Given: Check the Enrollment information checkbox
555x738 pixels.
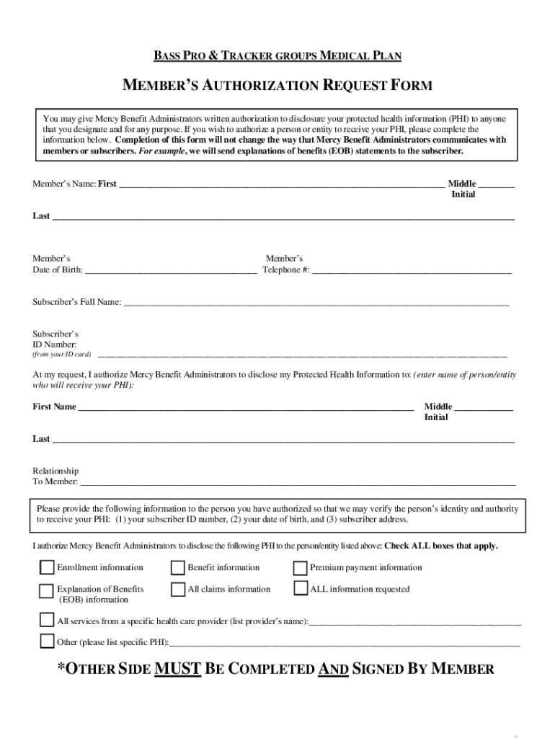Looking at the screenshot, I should click(x=47, y=568).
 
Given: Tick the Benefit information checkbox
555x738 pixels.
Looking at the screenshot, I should click(x=177, y=568).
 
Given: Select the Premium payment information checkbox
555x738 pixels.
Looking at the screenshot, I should click(x=301, y=568).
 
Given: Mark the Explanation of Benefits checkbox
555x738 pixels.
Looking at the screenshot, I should click(x=47, y=590).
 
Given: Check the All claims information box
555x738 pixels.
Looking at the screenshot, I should click(x=177, y=590).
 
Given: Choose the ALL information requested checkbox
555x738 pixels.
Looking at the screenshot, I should click(x=301, y=589).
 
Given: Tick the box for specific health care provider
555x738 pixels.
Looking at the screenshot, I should click(x=47, y=621).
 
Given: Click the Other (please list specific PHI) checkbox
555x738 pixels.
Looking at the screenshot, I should click(x=47, y=641).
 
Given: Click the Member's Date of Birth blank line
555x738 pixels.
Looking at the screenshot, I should click(x=170, y=272).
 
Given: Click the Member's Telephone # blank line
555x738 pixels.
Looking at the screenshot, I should click(x=412, y=272).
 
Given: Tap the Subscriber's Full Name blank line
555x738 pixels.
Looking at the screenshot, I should click(x=316, y=304).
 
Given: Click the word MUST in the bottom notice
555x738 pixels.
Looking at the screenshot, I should click(x=177, y=669).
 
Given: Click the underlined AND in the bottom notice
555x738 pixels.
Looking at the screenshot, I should click(x=333, y=669).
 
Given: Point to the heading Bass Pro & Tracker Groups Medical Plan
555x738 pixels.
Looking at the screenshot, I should click(x=277, y=55).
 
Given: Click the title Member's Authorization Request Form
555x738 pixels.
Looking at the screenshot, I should click(x=277, y=86).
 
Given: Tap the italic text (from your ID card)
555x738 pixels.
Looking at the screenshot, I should click(x=61, y=355).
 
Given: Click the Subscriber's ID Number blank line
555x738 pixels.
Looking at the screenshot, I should click(x=302, y=355).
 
